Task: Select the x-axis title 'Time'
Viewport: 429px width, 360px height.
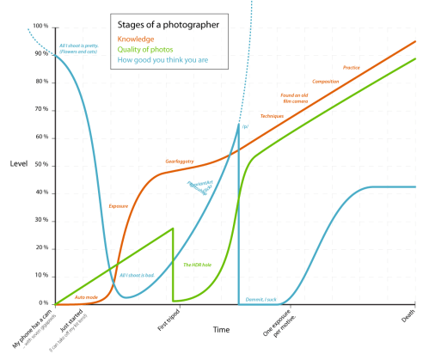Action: click(222, 329)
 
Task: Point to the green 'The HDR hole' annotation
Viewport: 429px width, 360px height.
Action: click(198, 265)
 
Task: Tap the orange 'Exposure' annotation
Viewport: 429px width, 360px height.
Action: click(119, 206)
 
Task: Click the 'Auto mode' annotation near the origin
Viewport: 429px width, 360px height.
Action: click(86, 296)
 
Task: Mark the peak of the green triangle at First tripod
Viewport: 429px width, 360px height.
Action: click(173, 229)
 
